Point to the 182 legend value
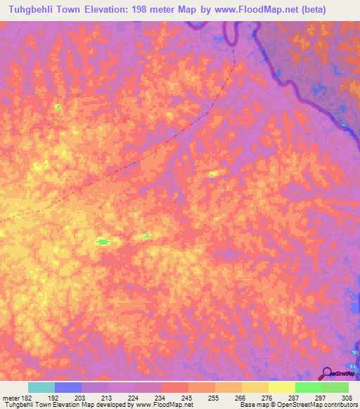(26, 398)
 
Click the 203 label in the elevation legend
(80, 398)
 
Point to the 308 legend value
(348, 398)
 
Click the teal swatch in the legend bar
(41, 387)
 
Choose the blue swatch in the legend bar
(67, 387)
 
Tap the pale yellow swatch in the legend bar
(281, 387)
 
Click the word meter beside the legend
(9, 398)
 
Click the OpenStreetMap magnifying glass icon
(327, 372)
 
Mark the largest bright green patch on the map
(103, 242)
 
